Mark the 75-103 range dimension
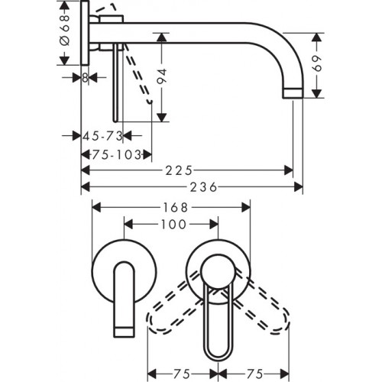114,153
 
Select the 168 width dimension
170,206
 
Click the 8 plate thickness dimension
84,77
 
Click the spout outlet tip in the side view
294,92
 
